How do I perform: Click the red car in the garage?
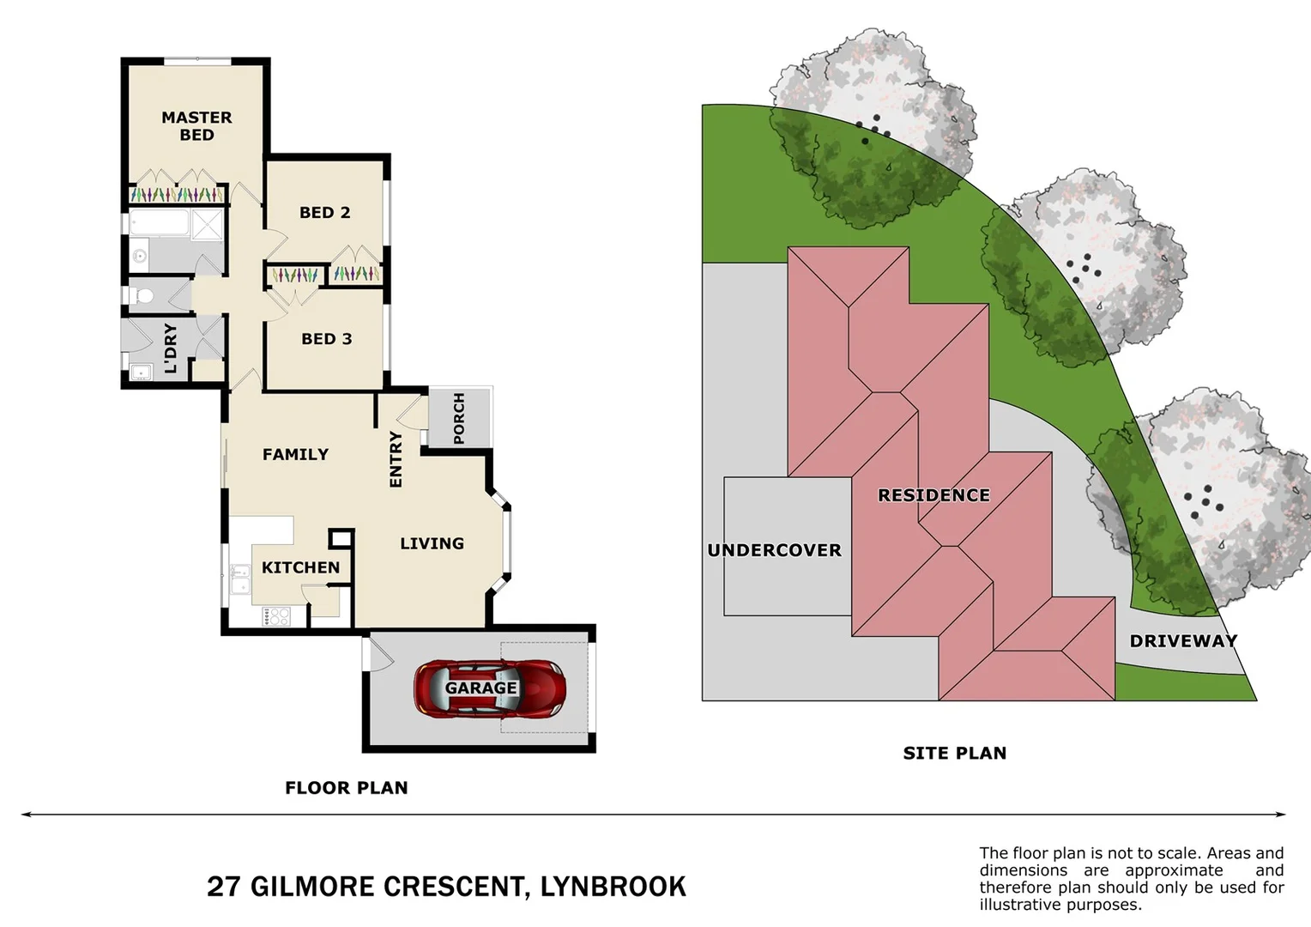[490, 688]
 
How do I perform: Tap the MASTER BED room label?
[196, 126]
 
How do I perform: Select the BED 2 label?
[324, 213]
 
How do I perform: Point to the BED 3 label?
[326, 339]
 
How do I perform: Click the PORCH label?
[459, 418]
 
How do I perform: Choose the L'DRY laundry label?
[170, 348]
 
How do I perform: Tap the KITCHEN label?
[300, 567]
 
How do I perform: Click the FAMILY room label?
[295, 454]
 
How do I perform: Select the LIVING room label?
[432, 543]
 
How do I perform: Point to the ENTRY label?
[396, 459]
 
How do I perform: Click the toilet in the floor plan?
[143, 296]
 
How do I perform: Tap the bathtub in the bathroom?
[160, 224]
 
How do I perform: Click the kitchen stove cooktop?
[275, 615]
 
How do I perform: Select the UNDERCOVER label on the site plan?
[774, 550]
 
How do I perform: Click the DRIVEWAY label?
[1183, 641]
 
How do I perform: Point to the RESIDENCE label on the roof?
[933, 495]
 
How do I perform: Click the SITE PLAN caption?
[954, 753]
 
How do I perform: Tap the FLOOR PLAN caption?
[346, 787]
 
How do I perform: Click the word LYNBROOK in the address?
[613, 886]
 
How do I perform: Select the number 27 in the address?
[223, 886]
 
